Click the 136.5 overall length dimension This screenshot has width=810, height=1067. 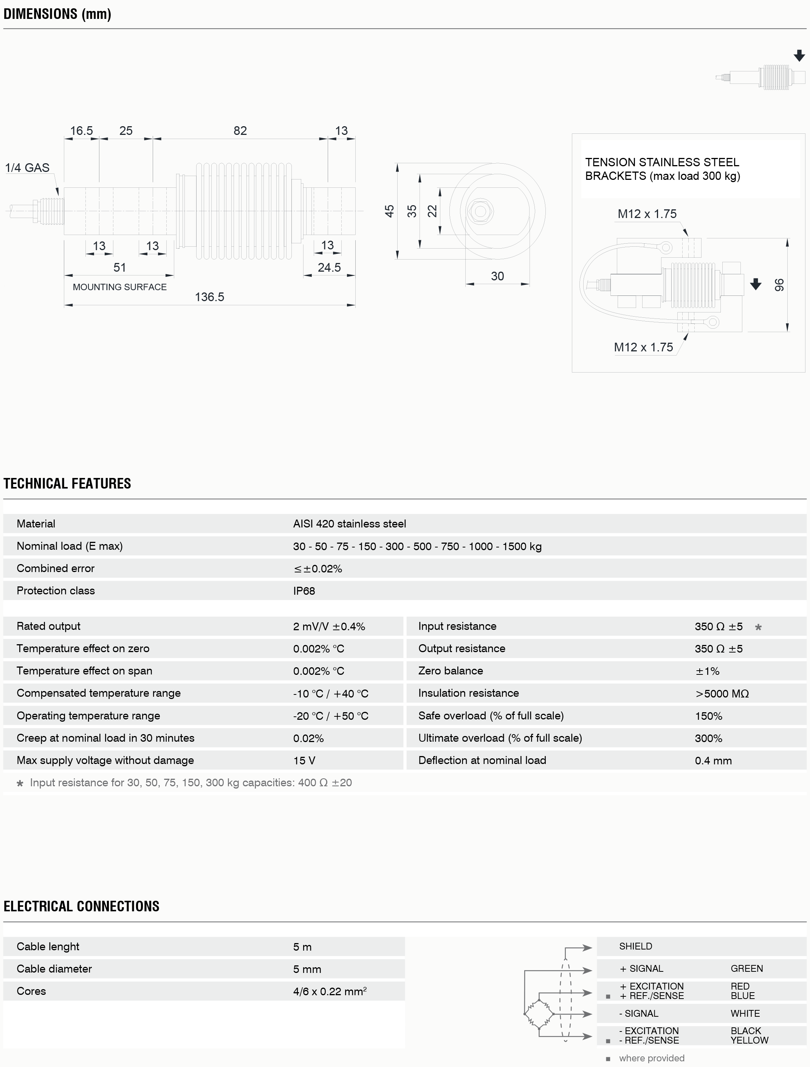(x=209, y=297)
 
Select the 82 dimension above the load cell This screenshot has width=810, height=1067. (x=240, y=131)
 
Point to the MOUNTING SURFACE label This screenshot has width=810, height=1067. (x=120, y=287)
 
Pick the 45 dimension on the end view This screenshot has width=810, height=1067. (x=389, y=211)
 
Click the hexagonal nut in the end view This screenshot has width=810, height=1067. (x=480, y=211)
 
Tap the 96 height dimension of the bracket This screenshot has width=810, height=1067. (x=779, y=285)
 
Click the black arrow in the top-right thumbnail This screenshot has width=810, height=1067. (x=799, y=56)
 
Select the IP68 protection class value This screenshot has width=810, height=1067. (x=304, y=591)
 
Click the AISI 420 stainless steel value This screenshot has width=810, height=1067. (x=349, y=524)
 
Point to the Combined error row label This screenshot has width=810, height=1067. (x=56, y=568)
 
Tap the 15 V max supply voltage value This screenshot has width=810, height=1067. (x=304, y=761)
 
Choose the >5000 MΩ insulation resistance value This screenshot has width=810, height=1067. (x=722, y=694)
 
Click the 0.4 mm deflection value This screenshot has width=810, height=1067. (x=713, y=761)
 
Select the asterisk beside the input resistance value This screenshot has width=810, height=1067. (x=758, y=627)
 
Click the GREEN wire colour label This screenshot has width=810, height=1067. (x=747, y=969)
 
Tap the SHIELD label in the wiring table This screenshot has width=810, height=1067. (x=635, y=946)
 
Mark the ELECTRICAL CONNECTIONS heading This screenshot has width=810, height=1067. (x=81, y=906)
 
